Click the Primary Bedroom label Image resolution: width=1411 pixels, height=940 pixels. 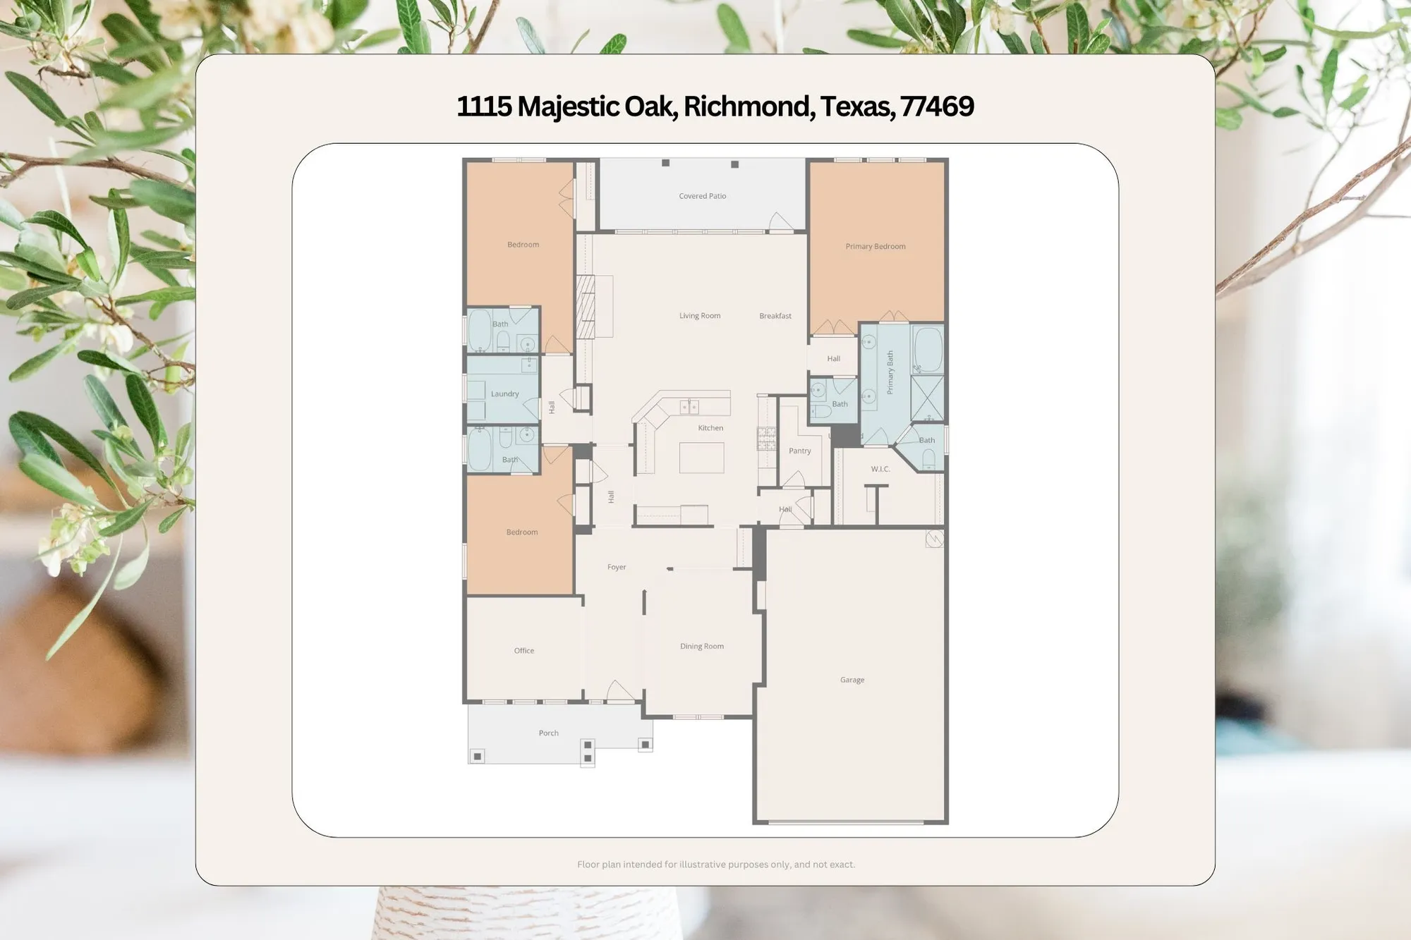875,246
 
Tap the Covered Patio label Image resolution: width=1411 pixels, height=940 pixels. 702,196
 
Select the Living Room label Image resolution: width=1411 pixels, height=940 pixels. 699,316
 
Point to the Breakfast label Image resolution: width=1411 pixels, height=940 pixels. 775,316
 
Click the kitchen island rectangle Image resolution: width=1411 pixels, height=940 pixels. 701,458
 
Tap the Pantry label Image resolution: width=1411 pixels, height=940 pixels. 799,451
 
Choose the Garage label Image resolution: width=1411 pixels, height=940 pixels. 852,680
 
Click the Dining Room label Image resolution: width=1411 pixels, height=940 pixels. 701,646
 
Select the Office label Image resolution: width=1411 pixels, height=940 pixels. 523,650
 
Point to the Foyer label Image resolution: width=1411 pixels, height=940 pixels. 616,567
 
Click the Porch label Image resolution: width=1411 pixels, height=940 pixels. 548,733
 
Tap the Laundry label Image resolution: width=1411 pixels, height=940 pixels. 504,393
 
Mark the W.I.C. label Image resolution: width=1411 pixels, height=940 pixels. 880,469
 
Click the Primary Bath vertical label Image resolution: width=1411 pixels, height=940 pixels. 890,372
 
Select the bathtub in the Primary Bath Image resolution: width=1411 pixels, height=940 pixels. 927,349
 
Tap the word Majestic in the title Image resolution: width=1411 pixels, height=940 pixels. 568,106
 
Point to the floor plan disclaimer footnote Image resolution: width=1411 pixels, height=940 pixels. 715,864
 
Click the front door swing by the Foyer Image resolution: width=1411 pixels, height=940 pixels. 619,692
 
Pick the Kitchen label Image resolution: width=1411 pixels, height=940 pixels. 710,428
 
